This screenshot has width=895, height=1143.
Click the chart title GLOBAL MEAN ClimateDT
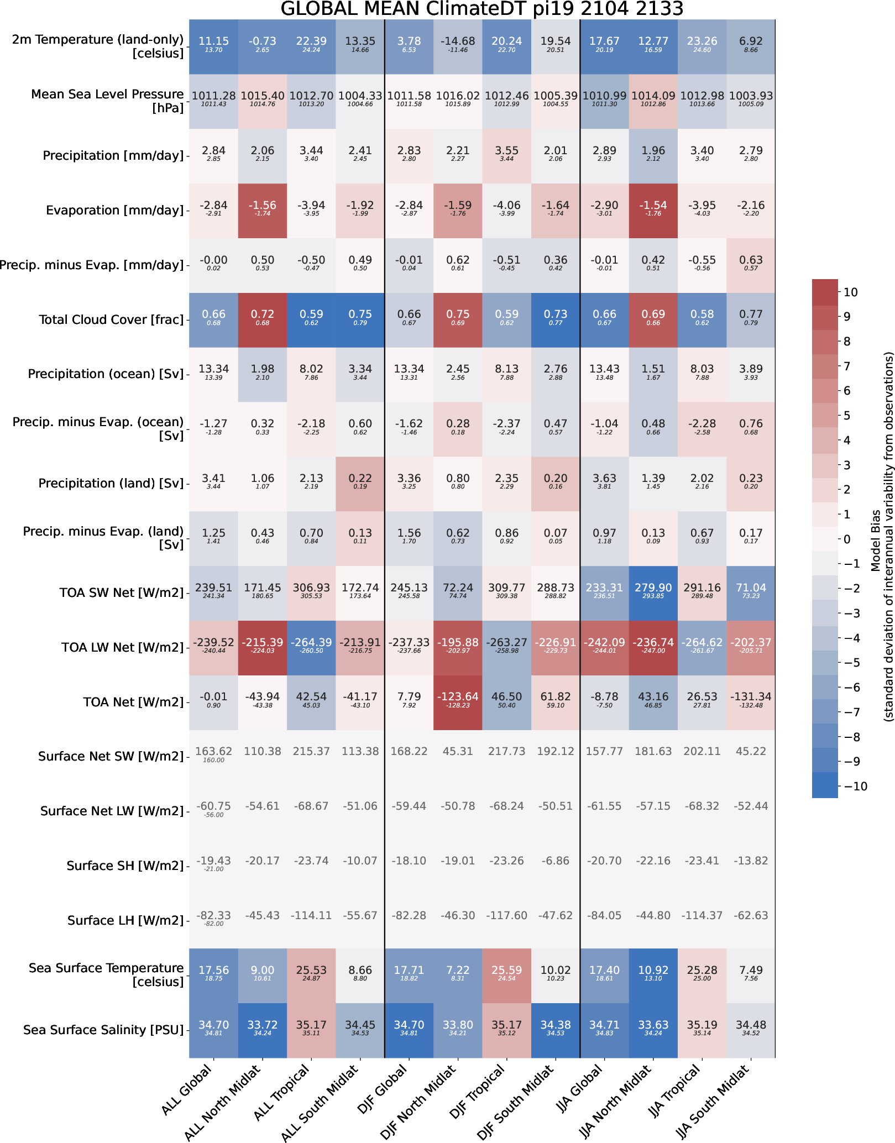pyautogui.click(x=481, y=9)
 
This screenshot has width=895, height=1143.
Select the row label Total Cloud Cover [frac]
pyautogui.click(x=111, y=319)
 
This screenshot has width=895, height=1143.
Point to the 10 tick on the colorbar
pyautogui.click(x=851, y=292)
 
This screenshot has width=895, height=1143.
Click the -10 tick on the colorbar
pyautogui.click(x=853, y=786)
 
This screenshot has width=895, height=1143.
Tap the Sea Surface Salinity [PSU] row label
pyautogui.click(x=103, y=1030)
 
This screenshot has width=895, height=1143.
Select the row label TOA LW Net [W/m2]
pyautogui.click(x=122, y=647)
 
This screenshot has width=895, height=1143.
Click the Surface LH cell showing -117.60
pyautogui.click(x=506, y=915)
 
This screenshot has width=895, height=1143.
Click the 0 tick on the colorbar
pyautogui.click(x=847, y=539)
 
